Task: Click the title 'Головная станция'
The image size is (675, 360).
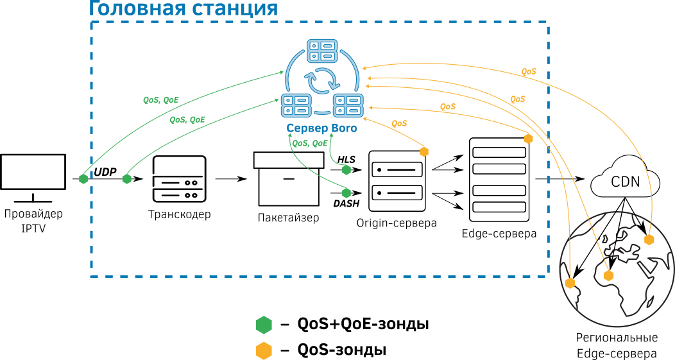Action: [x=183, y=9]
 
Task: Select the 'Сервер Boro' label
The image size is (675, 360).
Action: [x=321, y=129]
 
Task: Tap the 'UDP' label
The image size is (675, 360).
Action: [x=105, y=172]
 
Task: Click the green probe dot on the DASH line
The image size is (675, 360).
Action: [x=347, y=193]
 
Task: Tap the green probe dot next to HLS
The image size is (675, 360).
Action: [x=346, y=170]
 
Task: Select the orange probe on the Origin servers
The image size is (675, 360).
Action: [x=423, y=151]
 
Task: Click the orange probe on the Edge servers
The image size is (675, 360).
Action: [x=529, y=139]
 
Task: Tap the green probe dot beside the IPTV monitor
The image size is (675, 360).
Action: [x=83, y=179]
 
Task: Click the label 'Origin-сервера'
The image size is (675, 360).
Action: [x=397, y=223]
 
